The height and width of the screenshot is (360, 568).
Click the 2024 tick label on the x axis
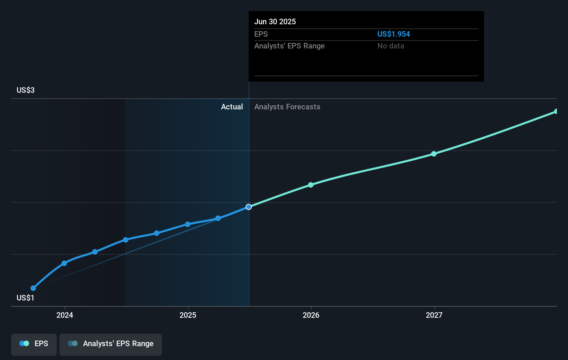click(65, 315)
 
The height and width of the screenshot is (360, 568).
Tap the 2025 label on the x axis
click(188, 315)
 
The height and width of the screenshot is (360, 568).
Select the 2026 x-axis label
click(311, 315)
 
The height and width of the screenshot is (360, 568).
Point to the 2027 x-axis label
click(434, 315)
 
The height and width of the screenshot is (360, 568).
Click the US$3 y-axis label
click(26, 90)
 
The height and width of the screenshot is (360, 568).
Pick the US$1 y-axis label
click(26, 298)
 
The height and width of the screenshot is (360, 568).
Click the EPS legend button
click(34, 344)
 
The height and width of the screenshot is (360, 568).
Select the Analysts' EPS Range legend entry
click(111, 344)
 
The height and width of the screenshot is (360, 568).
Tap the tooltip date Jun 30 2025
click(275, 21)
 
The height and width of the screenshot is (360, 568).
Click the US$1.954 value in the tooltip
click(393, 34)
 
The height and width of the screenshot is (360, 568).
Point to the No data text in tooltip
click(391, 46)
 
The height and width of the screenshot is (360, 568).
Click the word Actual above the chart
click(232, 107)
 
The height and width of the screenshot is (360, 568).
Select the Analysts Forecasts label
click(287, 107)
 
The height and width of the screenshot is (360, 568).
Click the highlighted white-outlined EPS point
click(249, 207)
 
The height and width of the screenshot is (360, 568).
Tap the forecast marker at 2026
click(311, 185)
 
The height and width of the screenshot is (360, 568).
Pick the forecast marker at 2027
click(434, 154)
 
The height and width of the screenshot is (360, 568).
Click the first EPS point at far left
click(33, 288)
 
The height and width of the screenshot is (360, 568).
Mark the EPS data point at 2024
click(64, 263)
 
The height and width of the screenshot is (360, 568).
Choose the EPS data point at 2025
click(187, 224)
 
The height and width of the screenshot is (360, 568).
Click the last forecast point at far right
click(556, 111)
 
